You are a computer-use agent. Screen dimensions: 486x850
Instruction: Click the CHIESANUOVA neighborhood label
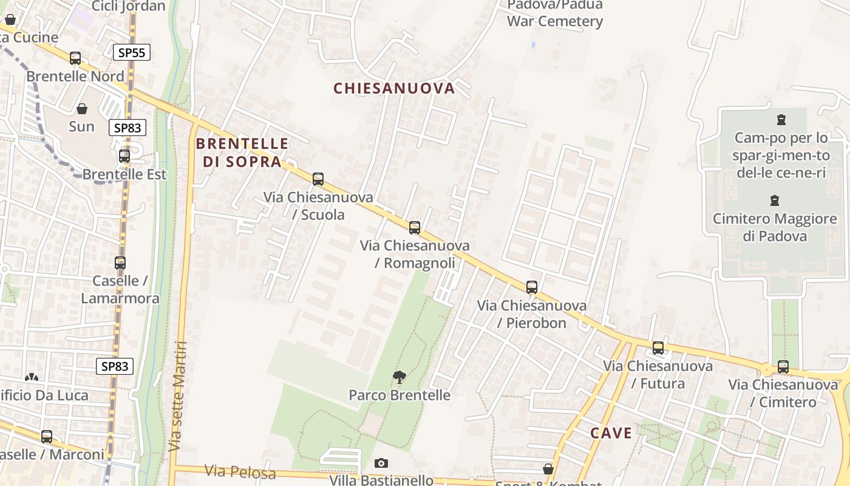click(x=394, y=88)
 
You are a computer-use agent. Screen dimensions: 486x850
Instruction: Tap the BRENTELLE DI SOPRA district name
click(x=242, y=152)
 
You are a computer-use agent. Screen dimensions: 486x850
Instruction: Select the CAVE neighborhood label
click(x=611, y=433)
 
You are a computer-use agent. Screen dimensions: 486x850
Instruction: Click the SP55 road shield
click(x=132, y=52)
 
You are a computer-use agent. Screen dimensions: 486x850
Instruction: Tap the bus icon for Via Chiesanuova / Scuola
click(x=318, y=179)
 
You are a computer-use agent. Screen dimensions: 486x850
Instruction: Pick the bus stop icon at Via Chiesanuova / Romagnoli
click(x=415, y=228)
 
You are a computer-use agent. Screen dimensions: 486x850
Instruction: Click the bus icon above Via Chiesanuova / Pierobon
click(x=532, y=287)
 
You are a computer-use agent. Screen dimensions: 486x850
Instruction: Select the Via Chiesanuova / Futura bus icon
click(x=658, y=348)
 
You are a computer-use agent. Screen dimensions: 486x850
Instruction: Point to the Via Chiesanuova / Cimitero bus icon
click(x=783, y=366)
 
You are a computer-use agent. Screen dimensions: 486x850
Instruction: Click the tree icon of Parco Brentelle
click(x=399, y=377)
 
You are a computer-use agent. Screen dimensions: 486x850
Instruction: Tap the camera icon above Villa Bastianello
click(x=381, y=464)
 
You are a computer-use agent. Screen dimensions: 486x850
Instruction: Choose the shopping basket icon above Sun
click(x=82, y=109)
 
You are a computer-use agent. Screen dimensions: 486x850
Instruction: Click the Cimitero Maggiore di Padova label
click(x=775, y=227)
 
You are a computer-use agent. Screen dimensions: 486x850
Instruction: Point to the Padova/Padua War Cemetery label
click(x=555, y=13)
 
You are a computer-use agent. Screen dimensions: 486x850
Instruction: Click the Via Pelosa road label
click(x=240, y=472)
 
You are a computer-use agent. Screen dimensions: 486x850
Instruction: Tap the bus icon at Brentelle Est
click(x=124, y=156)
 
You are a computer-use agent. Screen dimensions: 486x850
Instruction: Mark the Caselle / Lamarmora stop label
click(x=120, y=289)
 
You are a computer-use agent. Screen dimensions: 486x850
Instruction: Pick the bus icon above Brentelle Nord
click(x=75, y=58)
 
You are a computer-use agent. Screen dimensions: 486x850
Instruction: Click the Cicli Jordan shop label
click(x=129, y=6)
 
